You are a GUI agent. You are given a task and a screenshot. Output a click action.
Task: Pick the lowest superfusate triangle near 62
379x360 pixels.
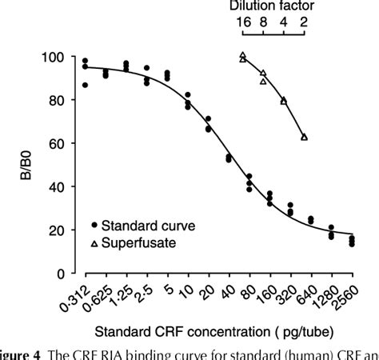(304, 138)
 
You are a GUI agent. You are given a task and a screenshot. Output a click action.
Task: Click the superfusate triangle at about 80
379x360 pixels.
(284, 101)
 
